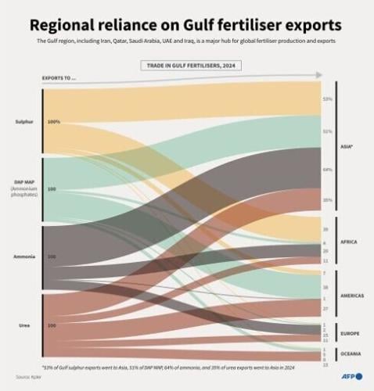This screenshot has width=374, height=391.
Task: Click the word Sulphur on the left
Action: [24, 122]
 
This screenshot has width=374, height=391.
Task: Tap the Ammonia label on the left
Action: [24, 256]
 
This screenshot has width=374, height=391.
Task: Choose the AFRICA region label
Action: [349, 242]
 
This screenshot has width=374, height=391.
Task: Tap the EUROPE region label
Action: [349, 333]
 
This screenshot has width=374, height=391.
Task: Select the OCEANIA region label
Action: [351, 353]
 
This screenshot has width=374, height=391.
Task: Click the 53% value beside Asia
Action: [327, 99]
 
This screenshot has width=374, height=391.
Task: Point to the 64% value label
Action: [327, 170]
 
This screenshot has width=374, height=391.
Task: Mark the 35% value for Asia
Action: [327, 200]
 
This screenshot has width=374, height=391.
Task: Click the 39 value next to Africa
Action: [325, 229]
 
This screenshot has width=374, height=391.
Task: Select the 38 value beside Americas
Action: [325, 288]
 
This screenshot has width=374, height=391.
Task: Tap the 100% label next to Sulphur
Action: [53, 122]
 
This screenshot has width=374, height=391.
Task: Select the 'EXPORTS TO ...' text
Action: [61, 78]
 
